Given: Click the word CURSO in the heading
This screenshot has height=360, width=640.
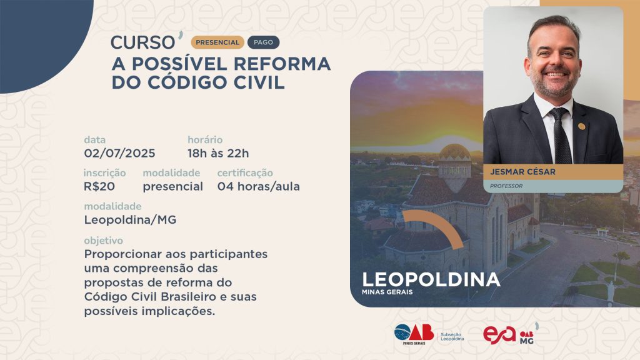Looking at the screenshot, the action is pyautogui.click(x=142, y=42).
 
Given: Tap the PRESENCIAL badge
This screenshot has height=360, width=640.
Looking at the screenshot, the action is pyautogui.click(x=217, y=42).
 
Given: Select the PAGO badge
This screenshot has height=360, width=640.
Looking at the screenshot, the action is pyautogui.click(x=263, y=42).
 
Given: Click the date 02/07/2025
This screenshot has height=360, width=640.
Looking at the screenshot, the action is pyautogui.click(x=119, y=154).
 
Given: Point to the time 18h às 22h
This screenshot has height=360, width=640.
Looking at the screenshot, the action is pyautogui.click(x=218, y=154).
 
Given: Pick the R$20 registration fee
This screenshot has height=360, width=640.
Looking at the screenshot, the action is pyautogui.click(x=99, y=186).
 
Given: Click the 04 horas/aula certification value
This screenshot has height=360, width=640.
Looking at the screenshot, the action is pyautogui.click(x=258, y=186).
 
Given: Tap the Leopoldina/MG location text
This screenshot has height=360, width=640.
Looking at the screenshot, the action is pyautogui.click(x=130, y=220).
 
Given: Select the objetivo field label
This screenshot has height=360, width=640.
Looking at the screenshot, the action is pyautogui.click(x=103, y=241).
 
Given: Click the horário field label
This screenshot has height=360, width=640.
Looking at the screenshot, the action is pyautogui.click(x=205, y=139).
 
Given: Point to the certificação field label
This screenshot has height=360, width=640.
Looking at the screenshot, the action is pyautogui.click(x=245, y=173).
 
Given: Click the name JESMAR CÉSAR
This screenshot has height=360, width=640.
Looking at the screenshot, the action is pyautogui.click(x=523, y=172).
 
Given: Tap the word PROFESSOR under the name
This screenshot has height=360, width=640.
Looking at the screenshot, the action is pyautogui.click(x=506, y=186).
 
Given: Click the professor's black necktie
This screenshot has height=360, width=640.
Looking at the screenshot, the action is pyautogui.click(x=561, y=136).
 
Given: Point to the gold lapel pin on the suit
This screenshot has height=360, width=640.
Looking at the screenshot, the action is pyautogui.click(x=581, y=126).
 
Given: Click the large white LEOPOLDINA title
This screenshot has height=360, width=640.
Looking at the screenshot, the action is pyautogui.click(x=431, y=279).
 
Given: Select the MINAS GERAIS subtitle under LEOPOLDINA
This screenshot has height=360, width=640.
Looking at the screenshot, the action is pyautogui.click(x=387, y=292).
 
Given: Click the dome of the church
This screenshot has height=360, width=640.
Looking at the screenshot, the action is pyautogui.click(x=455, y=152).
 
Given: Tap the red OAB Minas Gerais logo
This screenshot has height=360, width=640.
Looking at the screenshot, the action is pyautogui.click(x=414, y=334).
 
